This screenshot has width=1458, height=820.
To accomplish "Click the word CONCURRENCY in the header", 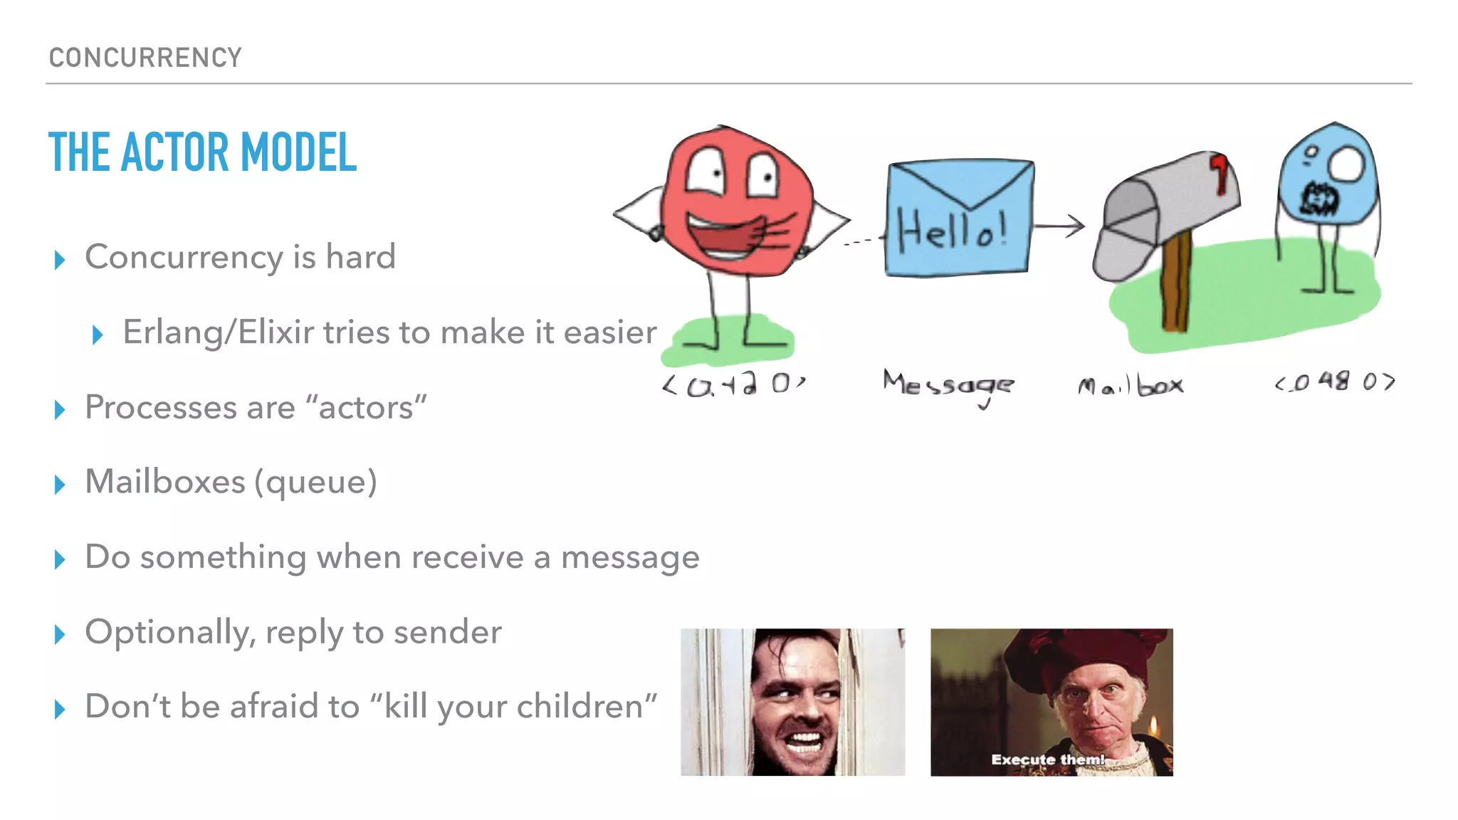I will [145, 58].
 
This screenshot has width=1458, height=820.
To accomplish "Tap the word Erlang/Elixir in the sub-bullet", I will [218, 332].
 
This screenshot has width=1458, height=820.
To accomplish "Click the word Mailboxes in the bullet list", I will [165, 482].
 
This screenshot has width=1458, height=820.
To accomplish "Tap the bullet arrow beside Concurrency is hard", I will [60, 260].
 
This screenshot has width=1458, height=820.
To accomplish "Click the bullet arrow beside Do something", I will [60, 559].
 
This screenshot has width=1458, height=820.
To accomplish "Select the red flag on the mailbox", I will [1220, 172].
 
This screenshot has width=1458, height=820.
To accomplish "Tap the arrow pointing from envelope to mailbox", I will [1060, 226].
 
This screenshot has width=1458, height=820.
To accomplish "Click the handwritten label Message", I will [948, 385].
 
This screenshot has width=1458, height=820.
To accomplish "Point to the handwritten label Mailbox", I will [1131, 386].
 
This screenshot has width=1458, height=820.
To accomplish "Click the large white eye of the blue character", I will [1345, 164].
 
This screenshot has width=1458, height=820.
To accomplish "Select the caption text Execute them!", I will [1047, 759].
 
